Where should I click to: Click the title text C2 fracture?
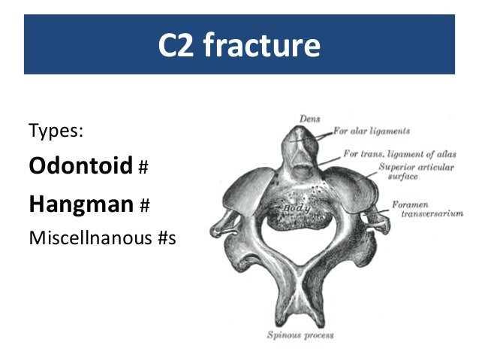(x=239, y=46)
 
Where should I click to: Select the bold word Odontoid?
(x=80, y=165)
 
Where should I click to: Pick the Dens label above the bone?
(x=309, y=118)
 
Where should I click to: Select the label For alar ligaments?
(x=371, y=131)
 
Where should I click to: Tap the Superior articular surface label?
(x=415, y=171)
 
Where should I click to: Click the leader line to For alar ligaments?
(x=323, y=135)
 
